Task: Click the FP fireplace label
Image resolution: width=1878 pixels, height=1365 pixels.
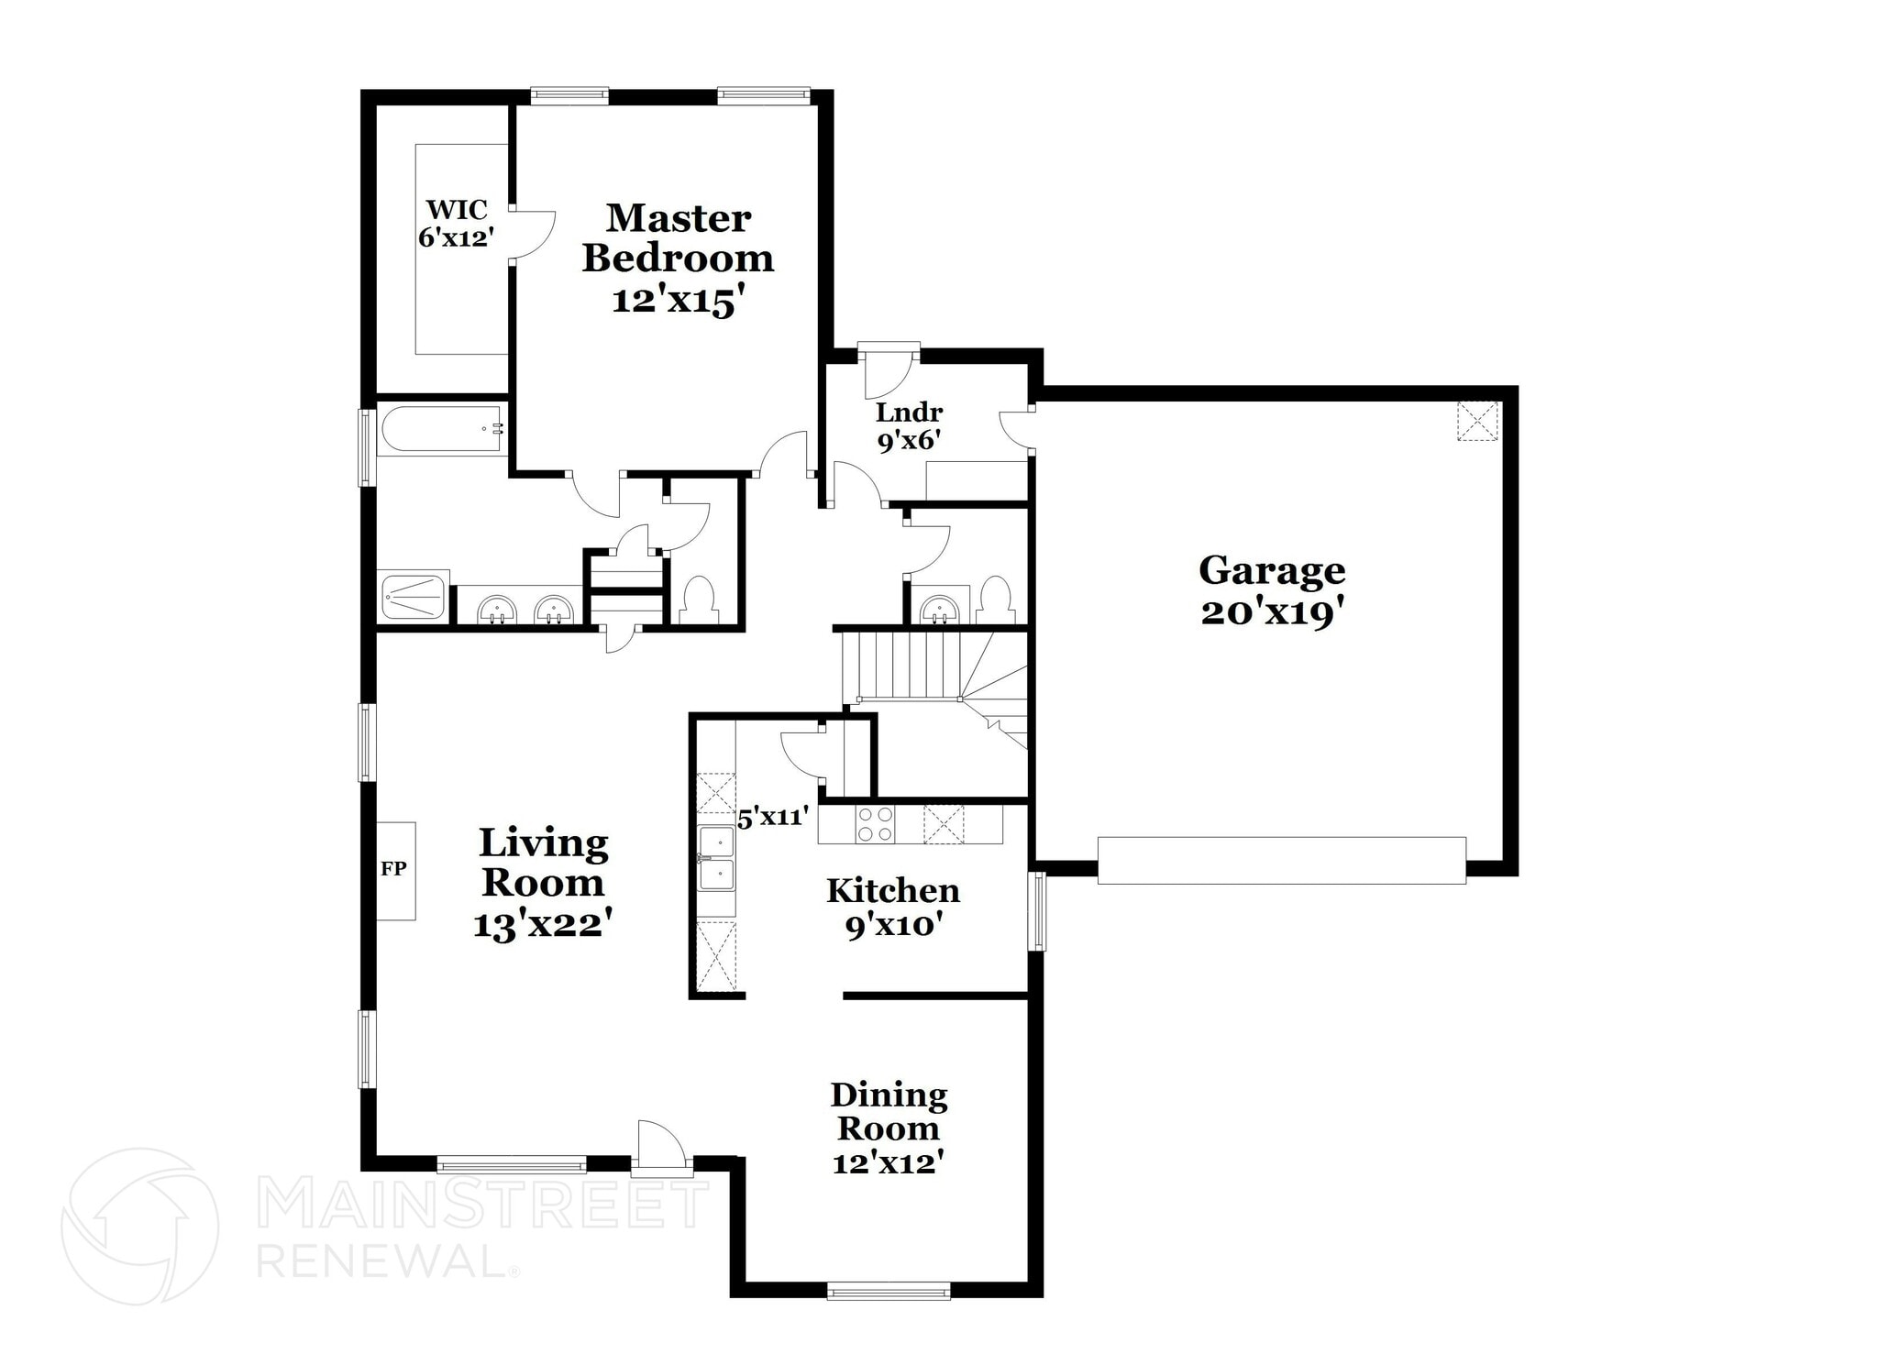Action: click(393, 869)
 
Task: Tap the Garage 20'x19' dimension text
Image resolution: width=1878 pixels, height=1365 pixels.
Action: click(1273, 613)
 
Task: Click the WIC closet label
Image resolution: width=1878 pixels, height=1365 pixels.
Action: click(457, 210)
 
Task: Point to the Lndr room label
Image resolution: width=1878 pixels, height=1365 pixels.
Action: click(909, 413)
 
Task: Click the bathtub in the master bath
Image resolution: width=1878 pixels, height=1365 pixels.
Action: click(441, 430)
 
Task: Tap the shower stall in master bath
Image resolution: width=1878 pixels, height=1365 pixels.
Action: click(414, 598)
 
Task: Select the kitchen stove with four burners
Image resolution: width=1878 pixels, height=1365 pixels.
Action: click(875, 824)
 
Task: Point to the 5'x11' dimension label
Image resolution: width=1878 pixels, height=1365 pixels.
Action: click(773, 817)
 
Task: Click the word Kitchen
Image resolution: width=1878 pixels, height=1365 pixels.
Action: click(892, 890)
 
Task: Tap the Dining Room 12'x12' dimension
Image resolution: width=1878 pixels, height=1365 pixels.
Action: click(888, 1163)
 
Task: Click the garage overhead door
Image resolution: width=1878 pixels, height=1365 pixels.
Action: click(1280, 860)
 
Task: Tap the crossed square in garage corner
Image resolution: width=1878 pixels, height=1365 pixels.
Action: click(1477, 421)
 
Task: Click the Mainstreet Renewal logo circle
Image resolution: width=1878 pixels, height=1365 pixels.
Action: click(140, 1226)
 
